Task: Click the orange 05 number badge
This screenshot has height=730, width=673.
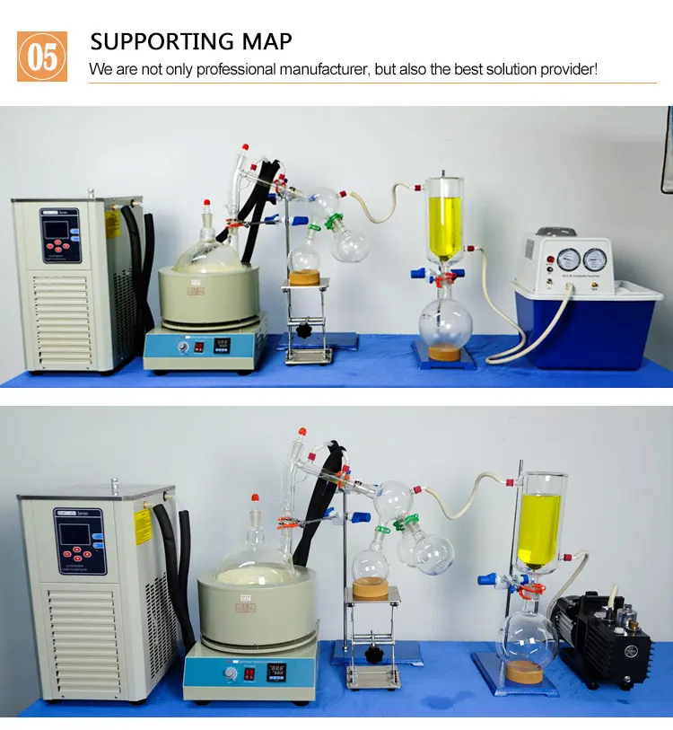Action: (42, 57)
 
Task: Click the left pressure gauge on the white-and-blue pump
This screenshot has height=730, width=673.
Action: (567, 259)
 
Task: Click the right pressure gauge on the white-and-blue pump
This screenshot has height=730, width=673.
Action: (594, 259)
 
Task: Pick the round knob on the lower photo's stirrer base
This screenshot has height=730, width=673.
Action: (230, 673)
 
